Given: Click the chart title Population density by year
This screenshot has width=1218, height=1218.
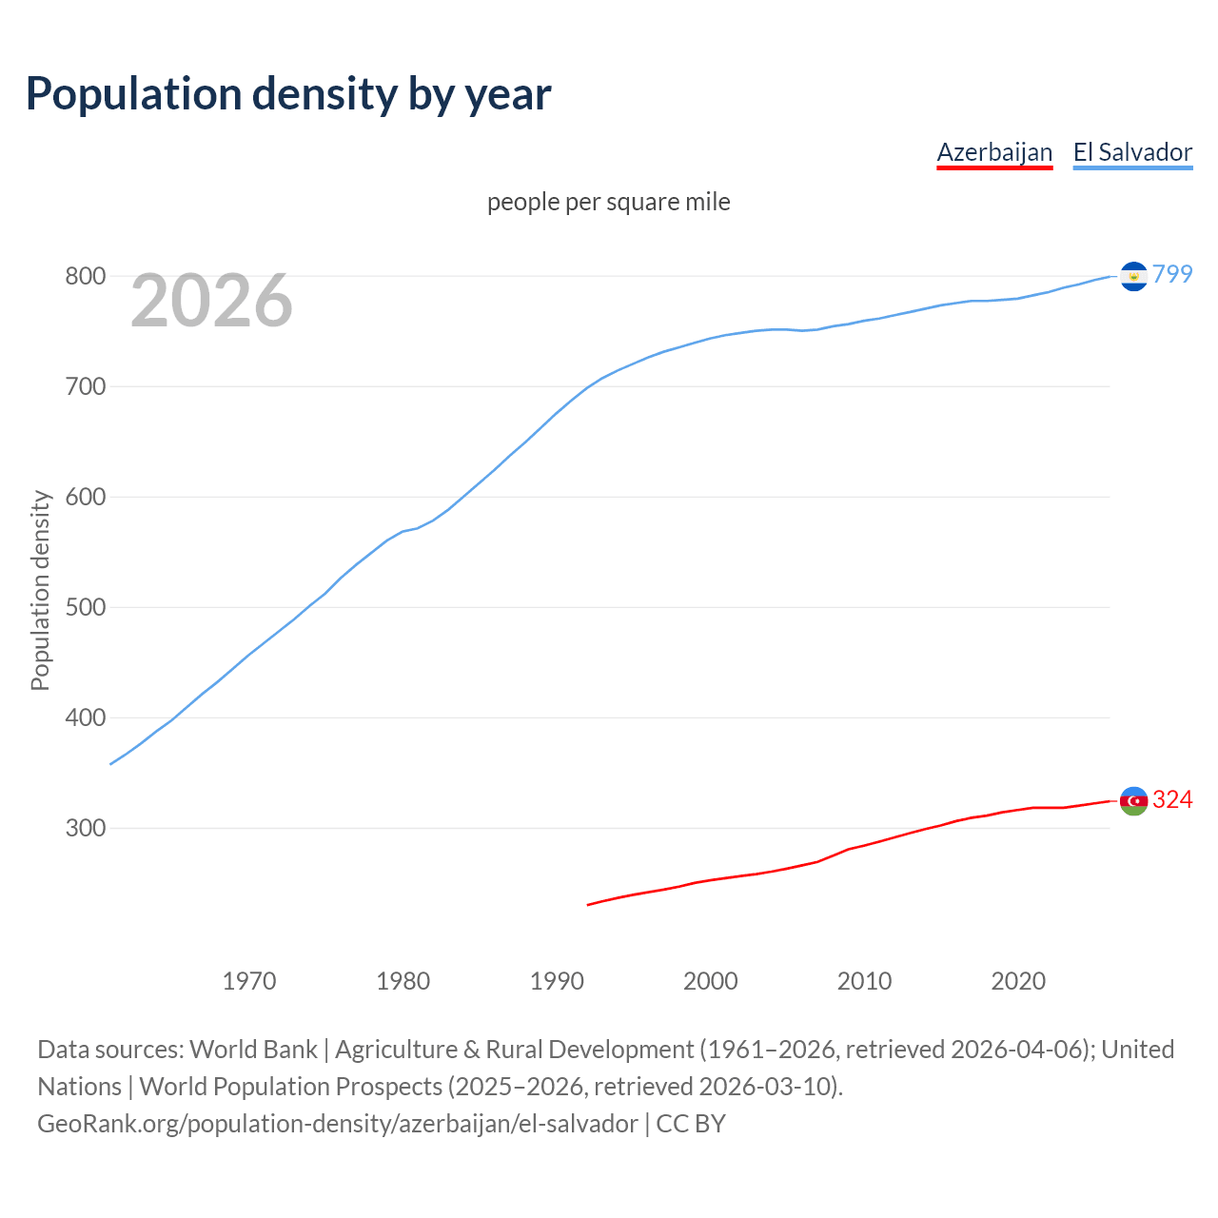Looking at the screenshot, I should tap(288, 93).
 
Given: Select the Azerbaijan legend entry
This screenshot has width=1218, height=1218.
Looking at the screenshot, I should tap(994, 152).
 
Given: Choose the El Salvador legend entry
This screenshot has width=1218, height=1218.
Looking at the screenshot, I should tap(1132, 152).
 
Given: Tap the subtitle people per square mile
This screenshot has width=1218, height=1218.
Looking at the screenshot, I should tap(608, 202).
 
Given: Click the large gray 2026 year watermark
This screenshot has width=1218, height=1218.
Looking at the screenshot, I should tap(211, 301).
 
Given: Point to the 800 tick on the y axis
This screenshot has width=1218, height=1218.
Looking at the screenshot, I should tap(85, 276).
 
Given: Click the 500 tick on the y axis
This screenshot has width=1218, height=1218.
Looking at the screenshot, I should tap(85, 607).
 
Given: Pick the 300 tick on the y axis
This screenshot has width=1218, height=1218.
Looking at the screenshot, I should tap(85, 828).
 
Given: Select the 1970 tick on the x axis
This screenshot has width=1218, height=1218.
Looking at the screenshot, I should tap(249, 981).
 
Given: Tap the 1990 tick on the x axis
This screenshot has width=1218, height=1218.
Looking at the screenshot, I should tap(557, 981).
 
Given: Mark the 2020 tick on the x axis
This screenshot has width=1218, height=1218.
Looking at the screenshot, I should tap(1018, 981).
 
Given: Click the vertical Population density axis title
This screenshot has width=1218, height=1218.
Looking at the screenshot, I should tap(40, 590).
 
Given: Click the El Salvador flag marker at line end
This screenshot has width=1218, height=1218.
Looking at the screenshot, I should tap(1133, 276).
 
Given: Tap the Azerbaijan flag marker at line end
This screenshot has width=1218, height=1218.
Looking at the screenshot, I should tap(1133, 801).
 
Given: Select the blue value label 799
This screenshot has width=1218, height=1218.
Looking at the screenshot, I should tap(1172, 274).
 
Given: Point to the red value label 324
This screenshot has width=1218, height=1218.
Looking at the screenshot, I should tap(1172, 799).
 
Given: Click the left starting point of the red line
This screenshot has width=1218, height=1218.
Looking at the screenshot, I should tap(588, 905).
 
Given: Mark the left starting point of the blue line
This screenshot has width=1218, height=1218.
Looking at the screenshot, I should tap(111, 763).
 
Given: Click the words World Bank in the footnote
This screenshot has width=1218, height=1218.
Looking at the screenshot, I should tap(253, 1050).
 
